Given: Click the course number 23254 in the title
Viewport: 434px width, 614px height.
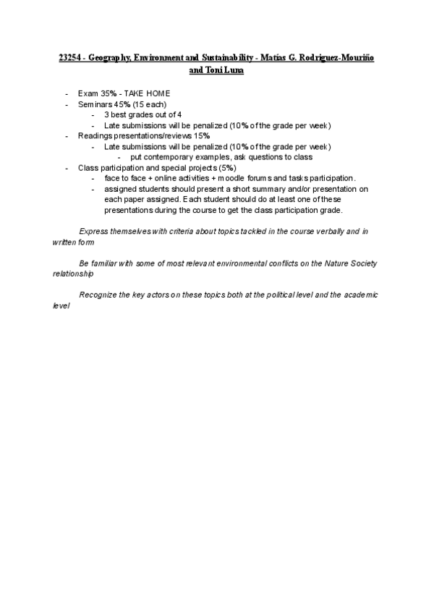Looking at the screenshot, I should [x=70, y=57].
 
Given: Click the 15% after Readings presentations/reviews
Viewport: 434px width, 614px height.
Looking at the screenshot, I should [x=202, y=135].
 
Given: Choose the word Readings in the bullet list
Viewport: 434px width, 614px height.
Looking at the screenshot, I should [x=94, y=135].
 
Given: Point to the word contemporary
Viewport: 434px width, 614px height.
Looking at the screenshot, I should [x=171, y=156].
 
